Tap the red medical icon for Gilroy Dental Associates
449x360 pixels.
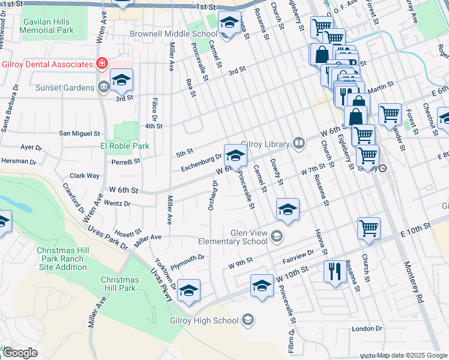coord(103,63)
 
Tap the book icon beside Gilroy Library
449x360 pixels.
coord(298,143)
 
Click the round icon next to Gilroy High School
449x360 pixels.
coord(248,320)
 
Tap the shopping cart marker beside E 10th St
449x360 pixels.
coord(369,228)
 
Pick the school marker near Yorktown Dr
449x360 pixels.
coord(188,291)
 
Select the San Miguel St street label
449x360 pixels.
coord(79,133)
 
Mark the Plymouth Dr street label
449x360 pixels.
coord(188,257)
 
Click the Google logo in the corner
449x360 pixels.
coord(20,353)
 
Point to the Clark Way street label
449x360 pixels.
coord(85,176)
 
